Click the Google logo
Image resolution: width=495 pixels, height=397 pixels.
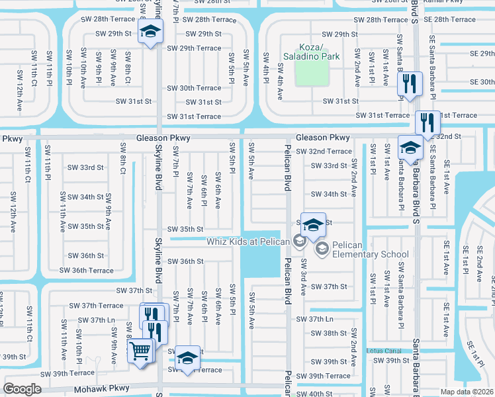coord(22,389)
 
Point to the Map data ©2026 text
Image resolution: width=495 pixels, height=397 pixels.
coord(467,392)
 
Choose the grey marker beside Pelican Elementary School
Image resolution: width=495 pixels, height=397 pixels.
coord(322,249)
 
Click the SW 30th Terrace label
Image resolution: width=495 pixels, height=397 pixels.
coord(194,88)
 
